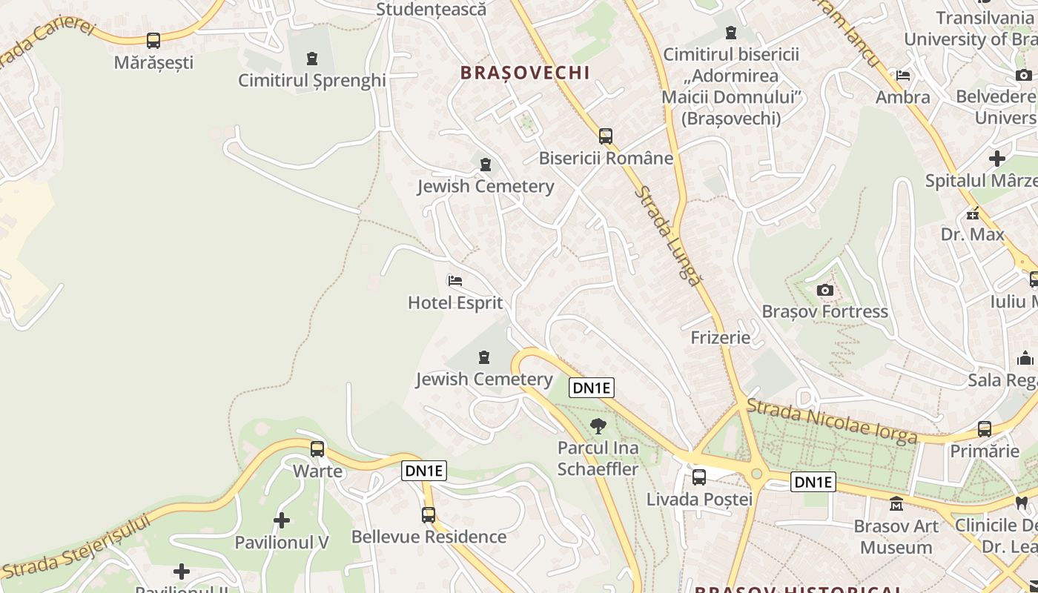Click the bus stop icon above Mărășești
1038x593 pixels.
coord(153,41)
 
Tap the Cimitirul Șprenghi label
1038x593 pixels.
coord(312,80)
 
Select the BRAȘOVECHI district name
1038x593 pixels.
coord(525,73)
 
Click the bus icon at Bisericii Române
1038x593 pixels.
coord(606,136)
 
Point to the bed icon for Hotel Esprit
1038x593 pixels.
coord(455,281)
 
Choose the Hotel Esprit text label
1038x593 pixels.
coord(455,302)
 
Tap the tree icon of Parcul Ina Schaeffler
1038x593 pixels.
coord(598,426)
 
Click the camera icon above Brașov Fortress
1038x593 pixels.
coord(824,290)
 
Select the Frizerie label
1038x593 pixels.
coord(720,338)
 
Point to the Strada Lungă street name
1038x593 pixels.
coord(667,236)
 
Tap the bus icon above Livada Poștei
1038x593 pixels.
coord(699,477)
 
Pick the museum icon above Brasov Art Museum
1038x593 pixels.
coord(896,504)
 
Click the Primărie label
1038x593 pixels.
coord(985,451)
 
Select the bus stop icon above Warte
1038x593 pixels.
coord(317,448)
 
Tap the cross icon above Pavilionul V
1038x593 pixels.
coord(282,520)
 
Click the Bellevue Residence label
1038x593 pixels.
coord(429,537)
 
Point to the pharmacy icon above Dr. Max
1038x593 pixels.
coord(972,214)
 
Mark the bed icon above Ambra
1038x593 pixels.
coord(903,76)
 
